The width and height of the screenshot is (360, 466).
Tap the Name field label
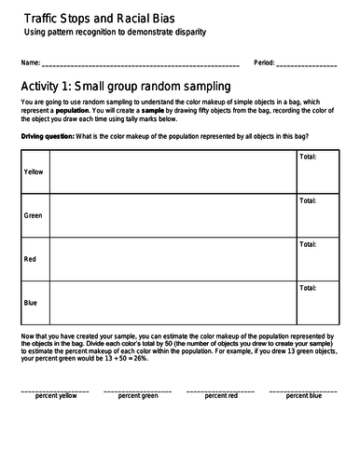[x=28, y=64]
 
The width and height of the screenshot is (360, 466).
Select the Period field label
[x=264, y=64]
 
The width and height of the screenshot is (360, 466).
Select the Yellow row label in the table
[x=34, y=172]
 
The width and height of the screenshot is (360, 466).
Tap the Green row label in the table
[x=34, y=215]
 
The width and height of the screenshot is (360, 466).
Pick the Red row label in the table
[x=30, y=259]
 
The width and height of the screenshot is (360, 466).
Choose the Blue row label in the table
[x=31, y=303]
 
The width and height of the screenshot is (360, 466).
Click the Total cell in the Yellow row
[x=317, y=172]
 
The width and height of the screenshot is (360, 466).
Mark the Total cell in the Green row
[x=317, y=215]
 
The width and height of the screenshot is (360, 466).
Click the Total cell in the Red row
[x=317, y=259]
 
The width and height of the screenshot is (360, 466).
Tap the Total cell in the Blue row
[x=317, y=303]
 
